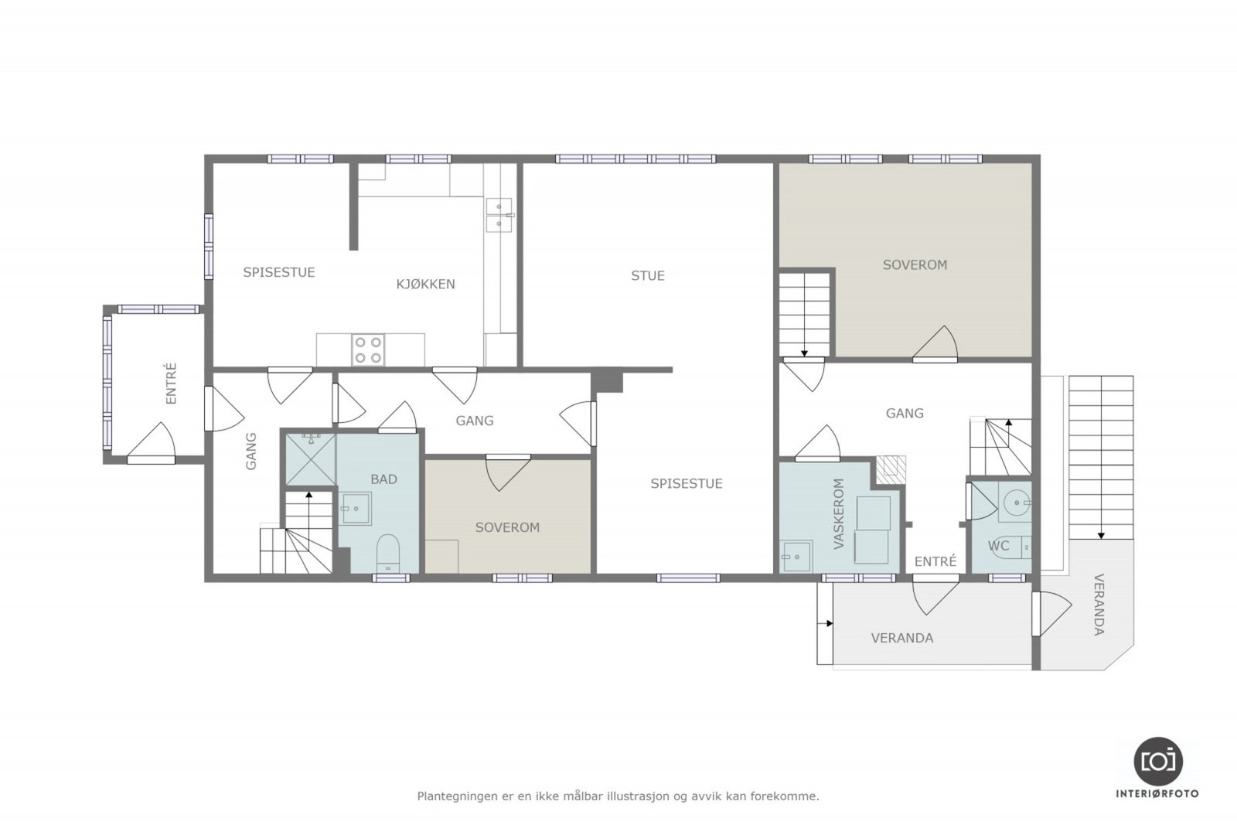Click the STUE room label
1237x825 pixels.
coord(648,275)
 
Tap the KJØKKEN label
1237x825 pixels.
coord(425,285)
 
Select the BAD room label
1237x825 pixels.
coord(383,479)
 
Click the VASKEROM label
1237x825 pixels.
coord(839,513)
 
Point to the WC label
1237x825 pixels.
coord(998,546)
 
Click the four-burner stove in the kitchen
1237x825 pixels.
coord(368,349)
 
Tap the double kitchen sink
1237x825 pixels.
coord(499,215)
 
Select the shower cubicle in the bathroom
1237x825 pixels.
coord(310,459)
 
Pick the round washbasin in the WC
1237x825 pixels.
coord(1016,503)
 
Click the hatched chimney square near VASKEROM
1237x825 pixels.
coord(891,470)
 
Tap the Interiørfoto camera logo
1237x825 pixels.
coord(1158,762)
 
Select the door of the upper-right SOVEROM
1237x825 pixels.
coord(935,344)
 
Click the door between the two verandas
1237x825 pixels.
coord(1051,613)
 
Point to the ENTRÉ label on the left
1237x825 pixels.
coord(171,384)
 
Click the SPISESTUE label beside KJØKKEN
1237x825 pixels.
coord(279,272)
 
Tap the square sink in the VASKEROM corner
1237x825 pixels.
coord(796,557)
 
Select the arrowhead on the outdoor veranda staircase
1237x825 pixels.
coord(1101,536)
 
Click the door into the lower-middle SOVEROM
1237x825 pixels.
coord(507,472)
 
